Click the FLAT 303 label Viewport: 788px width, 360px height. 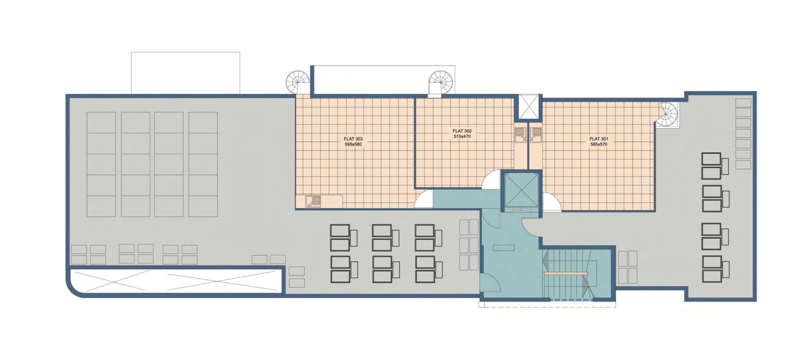(353, 139)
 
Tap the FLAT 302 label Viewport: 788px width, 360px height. (462, 131)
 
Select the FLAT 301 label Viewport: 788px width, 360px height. (599, 139)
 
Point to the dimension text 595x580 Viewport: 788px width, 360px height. (353, 144)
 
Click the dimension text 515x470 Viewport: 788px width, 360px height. (462, 136)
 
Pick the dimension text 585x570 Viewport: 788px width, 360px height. (599, 144)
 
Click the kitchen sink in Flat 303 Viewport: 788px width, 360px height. (313, 201)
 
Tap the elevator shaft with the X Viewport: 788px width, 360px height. (521, 191)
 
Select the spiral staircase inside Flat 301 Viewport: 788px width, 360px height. (667, 114)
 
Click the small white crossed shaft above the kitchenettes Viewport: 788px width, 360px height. (528, 107)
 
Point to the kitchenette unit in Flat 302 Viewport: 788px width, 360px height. (520, 135)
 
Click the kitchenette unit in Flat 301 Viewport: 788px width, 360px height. (536, 135)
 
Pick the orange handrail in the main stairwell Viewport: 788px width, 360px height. (566, 274)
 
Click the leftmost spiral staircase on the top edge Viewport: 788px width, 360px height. (298, 82)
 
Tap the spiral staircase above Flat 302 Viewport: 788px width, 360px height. (441, 82)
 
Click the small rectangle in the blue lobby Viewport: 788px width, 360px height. (503, 248)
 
